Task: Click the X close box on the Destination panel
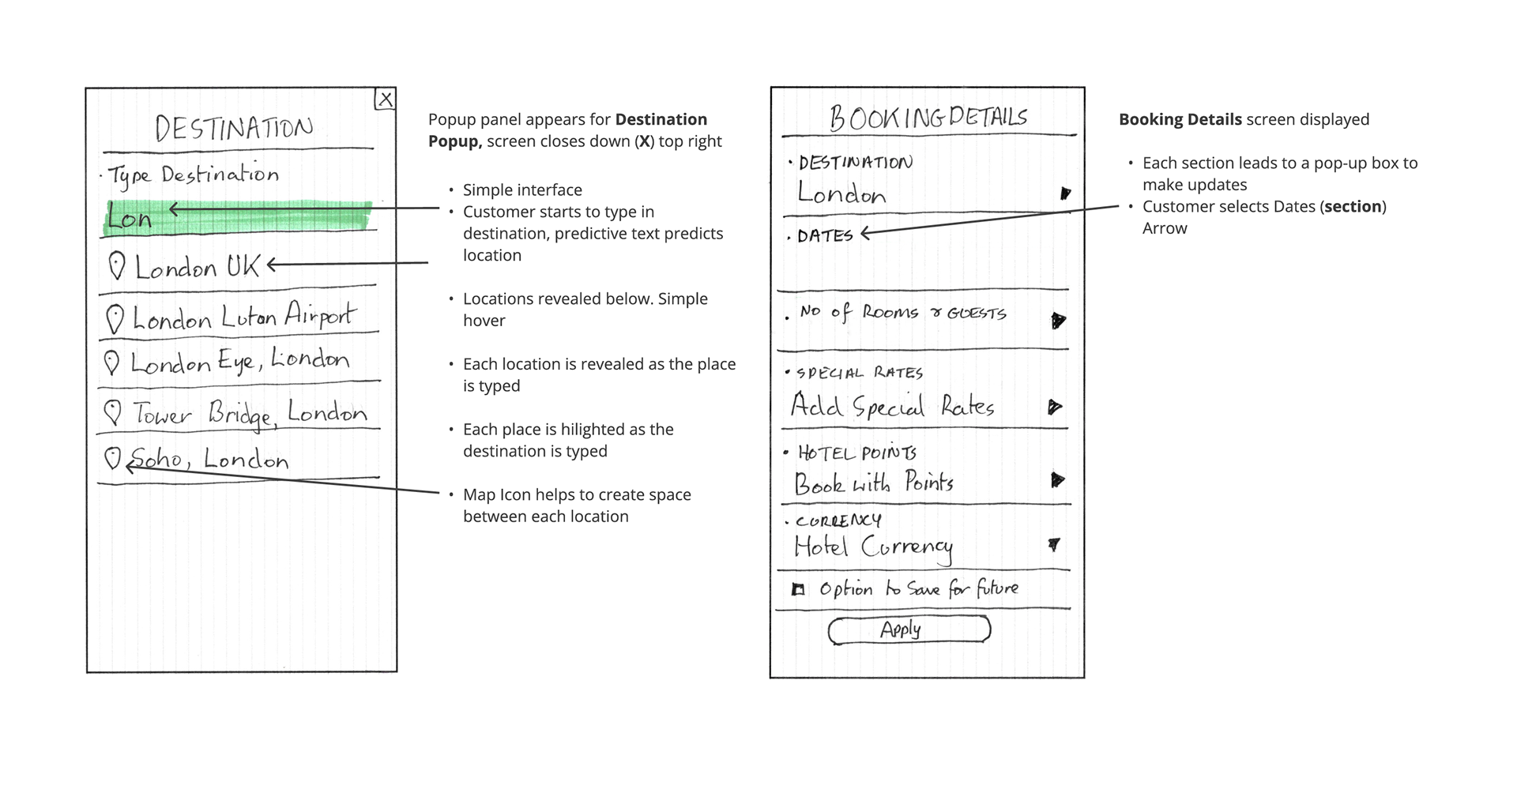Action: click(x=385, y=99)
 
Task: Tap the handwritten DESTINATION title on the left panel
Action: click(x=234, y=128)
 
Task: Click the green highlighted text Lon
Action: click(x=130, y=217)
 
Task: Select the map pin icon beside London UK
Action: click(x=117, y=265)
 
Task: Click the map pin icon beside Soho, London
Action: click(x=114, y=458)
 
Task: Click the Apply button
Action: click(x=909, y=629)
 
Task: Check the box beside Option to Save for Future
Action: click(x=798, y=589)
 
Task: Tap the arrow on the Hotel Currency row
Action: click(x=1054, y=544)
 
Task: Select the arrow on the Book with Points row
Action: click(x=1057, y=479)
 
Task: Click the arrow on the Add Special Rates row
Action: click(x=1054, y=407)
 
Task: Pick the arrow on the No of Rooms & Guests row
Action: click(x=1058, y=320)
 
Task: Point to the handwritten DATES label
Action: click(x=825, y=235)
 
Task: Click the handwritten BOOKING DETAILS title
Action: click(x=928, y=118)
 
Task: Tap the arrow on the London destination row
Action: click(x=1065, y=193)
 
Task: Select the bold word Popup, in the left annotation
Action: click(x=455, y=141)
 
